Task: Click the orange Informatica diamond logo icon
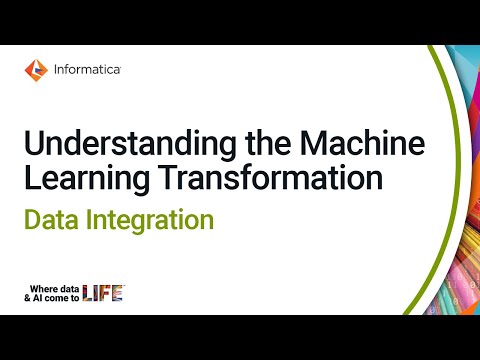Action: tap(35, 69)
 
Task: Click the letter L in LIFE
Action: tap(87, 293)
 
